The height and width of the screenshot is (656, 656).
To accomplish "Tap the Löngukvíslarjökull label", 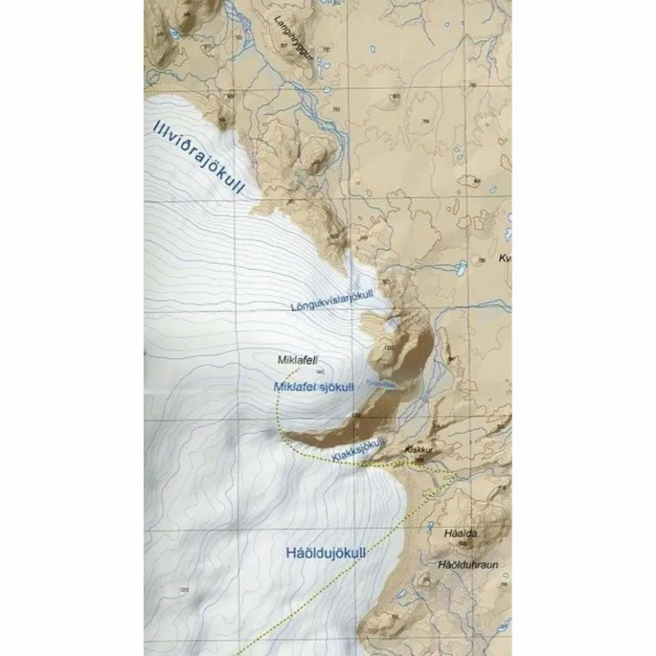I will (x=336, y=303).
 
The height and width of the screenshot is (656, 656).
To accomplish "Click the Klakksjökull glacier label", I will (x=359, y=450).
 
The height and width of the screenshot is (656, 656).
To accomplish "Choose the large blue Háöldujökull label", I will (x=325, y=554).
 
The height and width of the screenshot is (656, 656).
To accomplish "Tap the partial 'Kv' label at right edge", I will (x=505, y=258).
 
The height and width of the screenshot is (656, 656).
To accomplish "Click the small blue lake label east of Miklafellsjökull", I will (x=382, y=384).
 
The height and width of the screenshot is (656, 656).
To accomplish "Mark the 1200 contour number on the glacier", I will (x=183, y=590).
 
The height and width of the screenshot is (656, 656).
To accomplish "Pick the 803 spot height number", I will (x=396, y=96).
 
